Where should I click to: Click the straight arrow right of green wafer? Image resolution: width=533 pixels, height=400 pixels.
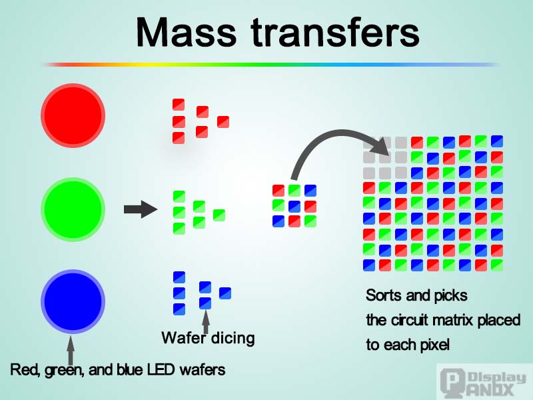pos(140,210)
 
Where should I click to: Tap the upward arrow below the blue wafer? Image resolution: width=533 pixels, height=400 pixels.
pos(71,349)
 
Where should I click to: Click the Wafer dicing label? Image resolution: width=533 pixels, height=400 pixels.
pos(208,338)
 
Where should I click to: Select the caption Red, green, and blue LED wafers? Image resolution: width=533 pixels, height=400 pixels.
pos(118,369)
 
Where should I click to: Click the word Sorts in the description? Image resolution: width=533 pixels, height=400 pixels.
pos(384,295)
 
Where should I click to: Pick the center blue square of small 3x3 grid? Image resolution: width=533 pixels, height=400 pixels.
pos(294,206)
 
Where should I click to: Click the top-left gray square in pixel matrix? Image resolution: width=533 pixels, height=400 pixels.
pos(369,143)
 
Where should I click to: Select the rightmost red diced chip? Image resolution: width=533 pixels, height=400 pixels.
pos(223,121)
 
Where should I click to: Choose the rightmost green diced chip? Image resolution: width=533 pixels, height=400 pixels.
pos(219,215)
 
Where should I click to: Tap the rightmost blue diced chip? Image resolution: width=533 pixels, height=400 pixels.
pos(225,293)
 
